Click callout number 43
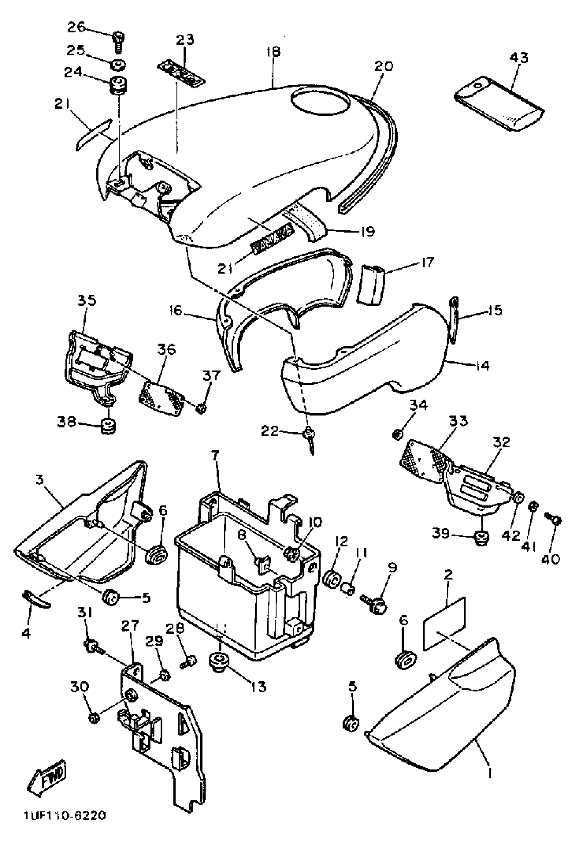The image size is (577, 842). click(x=519, y=58)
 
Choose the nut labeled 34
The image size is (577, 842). click(x=398, y=434)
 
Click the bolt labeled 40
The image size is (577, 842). click(x=554, y=522)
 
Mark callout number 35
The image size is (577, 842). click(x=86, y=300)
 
